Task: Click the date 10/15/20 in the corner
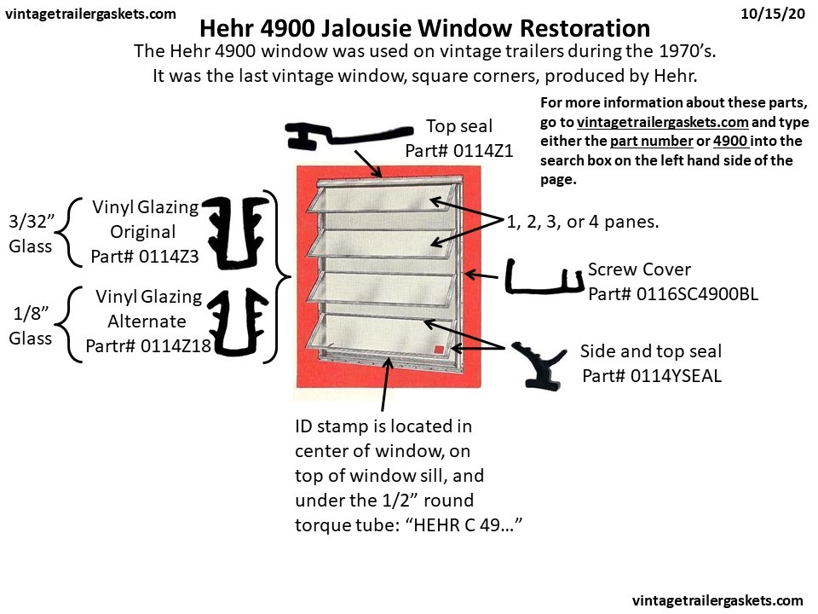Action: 774,14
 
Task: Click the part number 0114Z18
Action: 149,346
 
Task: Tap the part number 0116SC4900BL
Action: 673,294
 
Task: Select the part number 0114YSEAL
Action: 651,375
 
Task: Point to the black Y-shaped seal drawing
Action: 541,361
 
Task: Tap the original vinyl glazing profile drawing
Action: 239,230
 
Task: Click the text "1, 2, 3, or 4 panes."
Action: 583,221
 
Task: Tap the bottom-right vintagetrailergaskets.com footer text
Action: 717,600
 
